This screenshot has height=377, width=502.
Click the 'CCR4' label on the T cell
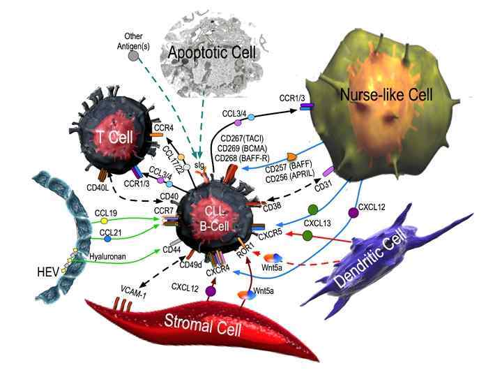[x=163, y=128]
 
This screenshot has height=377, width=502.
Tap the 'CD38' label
[x=272, y=207]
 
